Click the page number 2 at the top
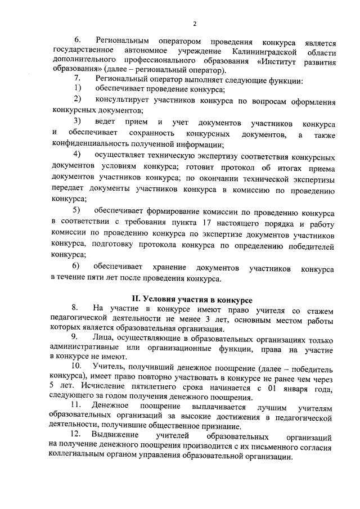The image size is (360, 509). (193, 24)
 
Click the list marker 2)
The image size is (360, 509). (78, 100)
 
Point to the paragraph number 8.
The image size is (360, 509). (75, 309)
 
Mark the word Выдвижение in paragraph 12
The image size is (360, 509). (119, 436)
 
